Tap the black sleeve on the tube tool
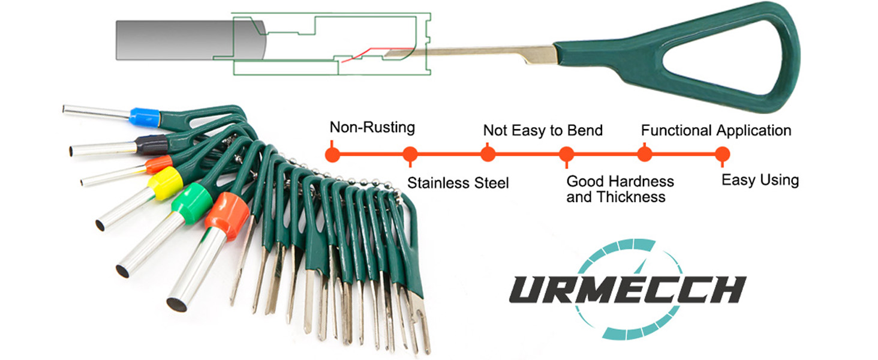[151, 144]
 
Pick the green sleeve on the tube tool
[192, 203]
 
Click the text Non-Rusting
[372, 127]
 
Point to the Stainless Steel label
[458, 182]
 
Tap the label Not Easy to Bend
[542, 130]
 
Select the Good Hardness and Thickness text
[620, 189]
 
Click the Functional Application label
[715, 130]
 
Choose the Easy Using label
[760, 180]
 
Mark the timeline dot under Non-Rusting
[332, 154]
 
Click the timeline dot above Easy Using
[722, 154]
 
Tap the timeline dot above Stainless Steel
[410, 154]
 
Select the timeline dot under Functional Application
[644, 154]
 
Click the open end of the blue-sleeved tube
[65, 109]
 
